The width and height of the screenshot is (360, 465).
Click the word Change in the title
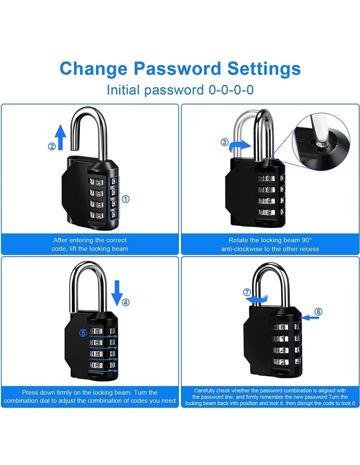(x=93, y=68)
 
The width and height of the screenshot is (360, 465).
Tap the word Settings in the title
(x=264, y=68)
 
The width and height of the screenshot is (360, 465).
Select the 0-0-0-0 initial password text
(x=231, y=90)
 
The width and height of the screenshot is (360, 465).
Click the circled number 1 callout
(x=126, y=199)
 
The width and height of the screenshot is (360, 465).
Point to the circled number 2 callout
(x=52, y=146)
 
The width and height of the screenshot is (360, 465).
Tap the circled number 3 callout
(x=225, y=142)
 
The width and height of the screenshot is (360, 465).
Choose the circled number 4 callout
(x=126, y=302)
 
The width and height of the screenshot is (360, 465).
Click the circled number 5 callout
(x=83, y=333)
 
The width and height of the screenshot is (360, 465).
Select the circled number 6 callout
(x=318, y=312)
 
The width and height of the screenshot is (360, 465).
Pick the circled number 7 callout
(x=247, y=292)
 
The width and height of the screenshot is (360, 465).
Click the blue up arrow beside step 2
(x=61, y=137)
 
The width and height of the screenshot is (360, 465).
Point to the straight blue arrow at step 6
(x=310, y=318)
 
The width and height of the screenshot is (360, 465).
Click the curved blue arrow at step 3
(x=240, y=146)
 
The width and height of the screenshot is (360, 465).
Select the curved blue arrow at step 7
(x=257, y=299)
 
